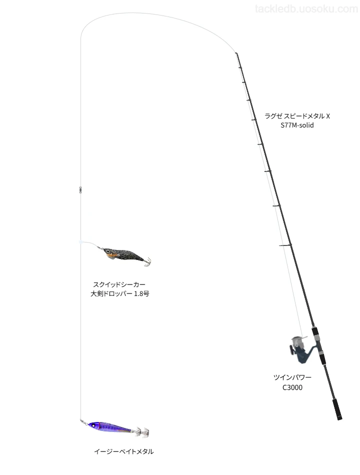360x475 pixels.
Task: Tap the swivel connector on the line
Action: tap(80, 189)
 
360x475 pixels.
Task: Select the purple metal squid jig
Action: tap(114, 427)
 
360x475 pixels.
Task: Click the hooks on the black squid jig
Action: tap(147, 261)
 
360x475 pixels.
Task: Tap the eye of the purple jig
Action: tap(93, 425)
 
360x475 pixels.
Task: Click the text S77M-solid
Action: tap(297, 125)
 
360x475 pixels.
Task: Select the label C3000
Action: tap(292, 387)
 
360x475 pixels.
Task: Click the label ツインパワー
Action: tap(292, 377)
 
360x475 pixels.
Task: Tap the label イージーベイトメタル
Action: tap(123, 451)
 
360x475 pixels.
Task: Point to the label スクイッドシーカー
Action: tap(119, 284)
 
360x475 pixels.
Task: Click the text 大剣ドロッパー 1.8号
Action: tap(119, 293)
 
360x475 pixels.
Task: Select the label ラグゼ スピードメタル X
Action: tap(297, 116)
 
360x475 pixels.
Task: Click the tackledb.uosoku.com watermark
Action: tap(306, 9)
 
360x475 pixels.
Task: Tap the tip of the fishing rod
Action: tap(236, 53)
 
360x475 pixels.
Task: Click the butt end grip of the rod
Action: tap(337, 409)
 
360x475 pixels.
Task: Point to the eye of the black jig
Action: tap(106, 251)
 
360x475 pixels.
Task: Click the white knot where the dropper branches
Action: tap(81, 242)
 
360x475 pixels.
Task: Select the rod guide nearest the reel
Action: tap(285, 245)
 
